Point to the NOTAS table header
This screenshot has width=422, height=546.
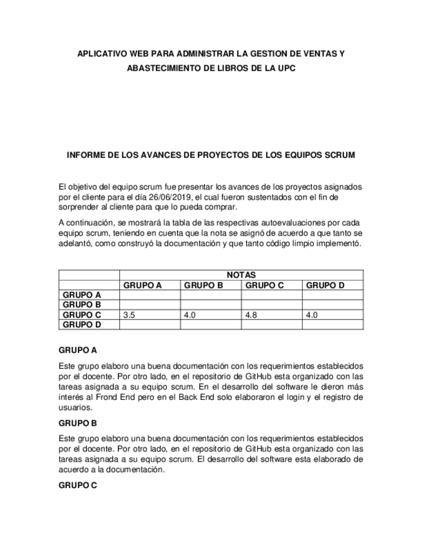(241, 275)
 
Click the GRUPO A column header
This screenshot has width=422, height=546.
(142, 285)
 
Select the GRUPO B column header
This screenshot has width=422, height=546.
(204, 285)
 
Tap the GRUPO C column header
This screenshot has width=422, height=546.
(265, 285)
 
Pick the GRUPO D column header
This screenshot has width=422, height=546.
(325, 285)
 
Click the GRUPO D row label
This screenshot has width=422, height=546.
(81, 325)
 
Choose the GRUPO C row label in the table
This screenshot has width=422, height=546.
(81, 315)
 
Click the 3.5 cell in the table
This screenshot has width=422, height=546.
(129, 315)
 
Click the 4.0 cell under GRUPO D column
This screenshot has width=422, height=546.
(312, 315)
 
